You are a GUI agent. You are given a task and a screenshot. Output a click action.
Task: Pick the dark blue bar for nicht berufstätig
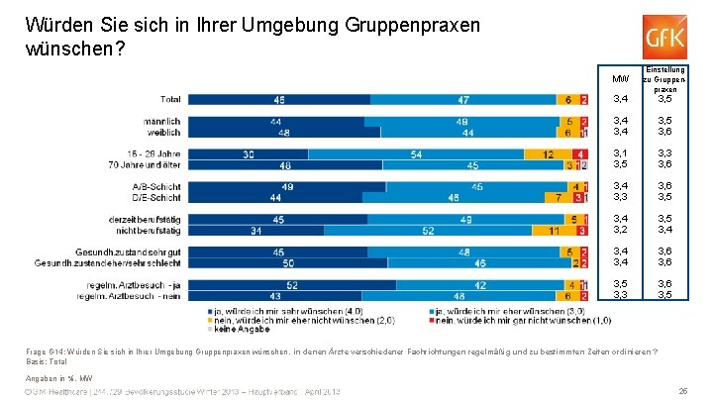tap(257, 230)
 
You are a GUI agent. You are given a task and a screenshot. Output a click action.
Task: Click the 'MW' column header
tap(621, 78)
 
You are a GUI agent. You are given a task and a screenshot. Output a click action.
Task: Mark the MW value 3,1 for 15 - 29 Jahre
tap(621, 153)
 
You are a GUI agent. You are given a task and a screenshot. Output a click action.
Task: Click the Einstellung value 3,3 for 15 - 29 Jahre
tap(664, 153)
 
